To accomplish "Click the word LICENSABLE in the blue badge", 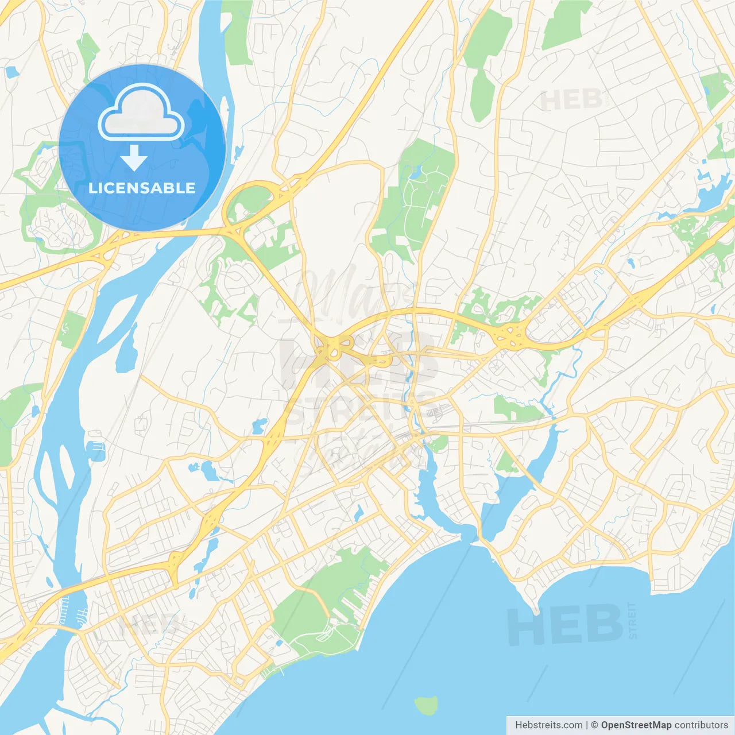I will click(x=142, y=188).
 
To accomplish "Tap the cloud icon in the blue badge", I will click(x=141, y=114).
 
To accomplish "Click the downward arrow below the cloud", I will click(x=134, y=158).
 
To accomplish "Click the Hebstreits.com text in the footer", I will click(x=548, y=725).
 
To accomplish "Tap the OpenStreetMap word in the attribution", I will click(x=636, y=725).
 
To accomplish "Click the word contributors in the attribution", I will click(x=701, y=725).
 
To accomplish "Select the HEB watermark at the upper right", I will click(x=571, y=100).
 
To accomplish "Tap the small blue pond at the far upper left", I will click(x=11, y=72).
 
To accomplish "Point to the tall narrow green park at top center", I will click(x=485, y=63).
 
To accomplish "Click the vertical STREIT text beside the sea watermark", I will click(x=633, y=620).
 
